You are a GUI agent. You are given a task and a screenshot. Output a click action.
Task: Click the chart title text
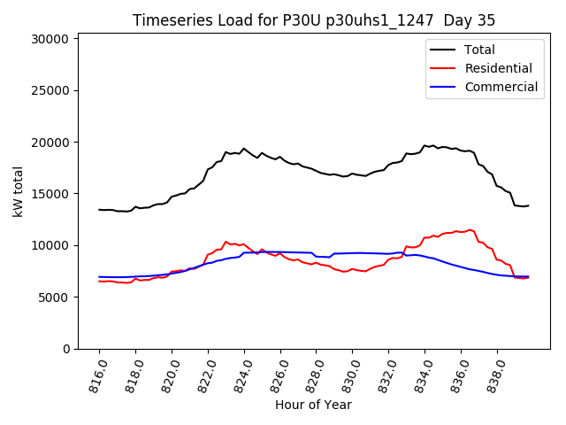click(314, 20)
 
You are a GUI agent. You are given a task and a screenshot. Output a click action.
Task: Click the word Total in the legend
click(480, 50)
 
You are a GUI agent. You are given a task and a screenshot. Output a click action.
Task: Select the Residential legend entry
click(499, 68)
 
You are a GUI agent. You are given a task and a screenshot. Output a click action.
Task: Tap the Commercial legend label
click(501, 87)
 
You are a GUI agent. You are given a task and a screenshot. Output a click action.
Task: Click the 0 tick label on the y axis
click(67, 349)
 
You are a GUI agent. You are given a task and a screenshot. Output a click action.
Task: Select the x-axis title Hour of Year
click(313, 405)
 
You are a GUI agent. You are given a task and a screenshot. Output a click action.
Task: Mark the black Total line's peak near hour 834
click(425, 145)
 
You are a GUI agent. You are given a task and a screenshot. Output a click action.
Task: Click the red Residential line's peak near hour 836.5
click(470, 230)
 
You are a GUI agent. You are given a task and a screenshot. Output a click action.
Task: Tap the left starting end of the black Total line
click(99, 210)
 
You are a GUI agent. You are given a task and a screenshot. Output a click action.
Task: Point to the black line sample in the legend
click(442, 50)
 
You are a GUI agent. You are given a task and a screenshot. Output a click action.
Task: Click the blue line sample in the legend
click(442, 87)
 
